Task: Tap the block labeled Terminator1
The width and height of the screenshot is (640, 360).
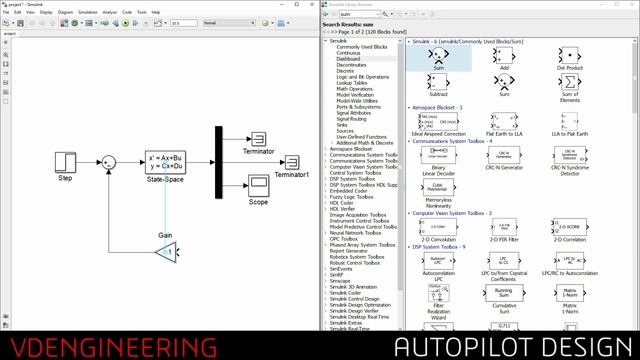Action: point(292,162)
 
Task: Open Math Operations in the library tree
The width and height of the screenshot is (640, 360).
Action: point(356,87)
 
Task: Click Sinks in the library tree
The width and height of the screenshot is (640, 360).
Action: point(345,123)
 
